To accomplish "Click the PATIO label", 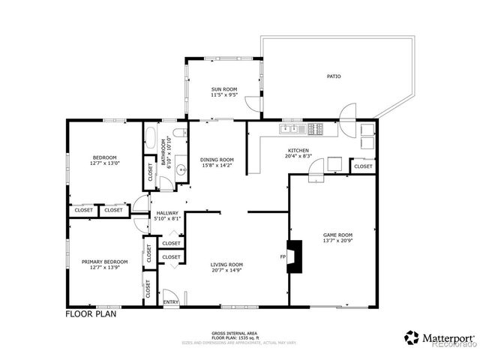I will (x=334, y=76).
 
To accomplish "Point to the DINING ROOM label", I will (x=217, y=160).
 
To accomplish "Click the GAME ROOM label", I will (x=337, y=235).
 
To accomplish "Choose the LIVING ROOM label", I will (x=226, y=265).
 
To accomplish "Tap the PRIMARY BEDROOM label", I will (x=104, y=262).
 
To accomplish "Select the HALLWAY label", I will (x=166, y=214).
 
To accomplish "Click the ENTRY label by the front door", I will (x=171, y=302).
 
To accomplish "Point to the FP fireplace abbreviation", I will (x=283, y=257).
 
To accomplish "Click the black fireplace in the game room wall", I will (x=295, y=255).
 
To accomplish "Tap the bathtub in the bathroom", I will (x=151, y=140).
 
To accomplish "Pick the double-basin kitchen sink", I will (x=288, y=130).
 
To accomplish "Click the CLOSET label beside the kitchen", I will (x=363, y=166).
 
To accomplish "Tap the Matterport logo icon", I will (x=412, y=337).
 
